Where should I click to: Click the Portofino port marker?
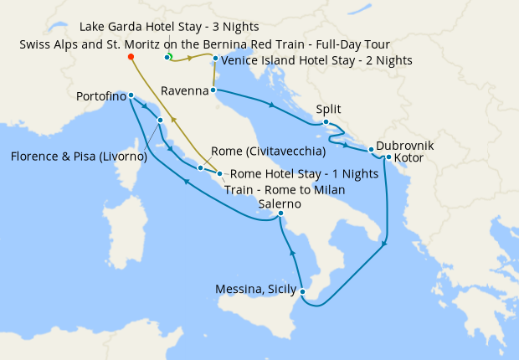(x=131, y=95)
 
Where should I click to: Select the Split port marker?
(x=326, y=123)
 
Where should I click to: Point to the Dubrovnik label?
(x=404, y=145)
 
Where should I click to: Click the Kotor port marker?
(x=388, y=157)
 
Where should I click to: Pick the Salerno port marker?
(x=281, y=214)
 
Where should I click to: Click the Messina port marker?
(x=302, y=292)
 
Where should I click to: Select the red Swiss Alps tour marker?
(x=131, y=57)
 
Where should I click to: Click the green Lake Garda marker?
(x=168, y=57)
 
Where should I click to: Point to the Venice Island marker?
(x=215, y=59)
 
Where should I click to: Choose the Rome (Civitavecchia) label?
(x=268, y=152)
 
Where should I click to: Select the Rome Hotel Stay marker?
(x=219, y=174)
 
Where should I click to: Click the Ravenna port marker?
(x=213, y=90)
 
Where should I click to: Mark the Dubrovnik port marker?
(x=371, y=151)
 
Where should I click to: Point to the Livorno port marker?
(x=160, y=121)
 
